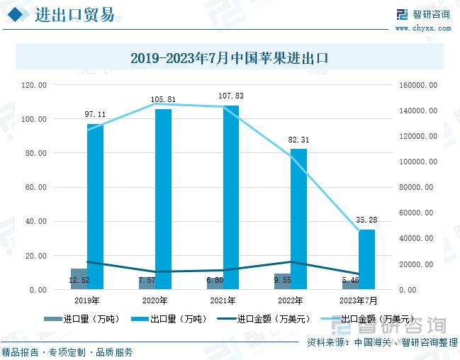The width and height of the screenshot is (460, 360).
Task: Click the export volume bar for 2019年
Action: [x=95, y=206]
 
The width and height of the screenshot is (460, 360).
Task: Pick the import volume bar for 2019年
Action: [x=78, y=279]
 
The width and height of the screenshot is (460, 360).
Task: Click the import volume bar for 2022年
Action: [x=282, y=281]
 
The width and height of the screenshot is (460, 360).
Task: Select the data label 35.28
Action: [x=366, y=220]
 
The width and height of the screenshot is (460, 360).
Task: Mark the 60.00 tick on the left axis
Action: [x=36, y=188]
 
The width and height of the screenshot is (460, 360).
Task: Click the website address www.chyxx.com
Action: [x=422, y=28]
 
